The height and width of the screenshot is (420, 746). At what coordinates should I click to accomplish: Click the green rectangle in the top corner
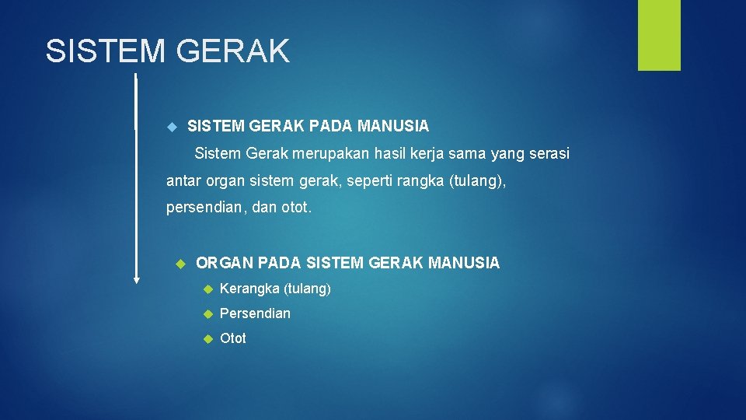coord(659,35)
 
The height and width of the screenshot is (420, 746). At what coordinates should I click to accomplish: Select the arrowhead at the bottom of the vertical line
coord(137,280)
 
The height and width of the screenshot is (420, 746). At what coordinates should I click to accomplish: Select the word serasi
coord(548,154)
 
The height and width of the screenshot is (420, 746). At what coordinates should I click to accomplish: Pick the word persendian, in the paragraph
coord(206,208)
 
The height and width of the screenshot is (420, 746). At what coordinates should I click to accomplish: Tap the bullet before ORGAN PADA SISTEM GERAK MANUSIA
coord(181,264)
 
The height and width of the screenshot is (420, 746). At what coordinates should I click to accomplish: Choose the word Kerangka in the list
coord(249,289)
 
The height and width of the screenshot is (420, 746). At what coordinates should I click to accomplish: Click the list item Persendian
coord(255,313)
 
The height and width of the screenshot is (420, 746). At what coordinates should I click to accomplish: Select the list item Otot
coord(233,338)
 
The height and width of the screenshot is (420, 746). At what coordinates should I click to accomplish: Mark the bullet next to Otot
coord(207,339)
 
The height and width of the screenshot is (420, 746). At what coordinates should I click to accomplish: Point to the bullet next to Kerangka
coord(207,289)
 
